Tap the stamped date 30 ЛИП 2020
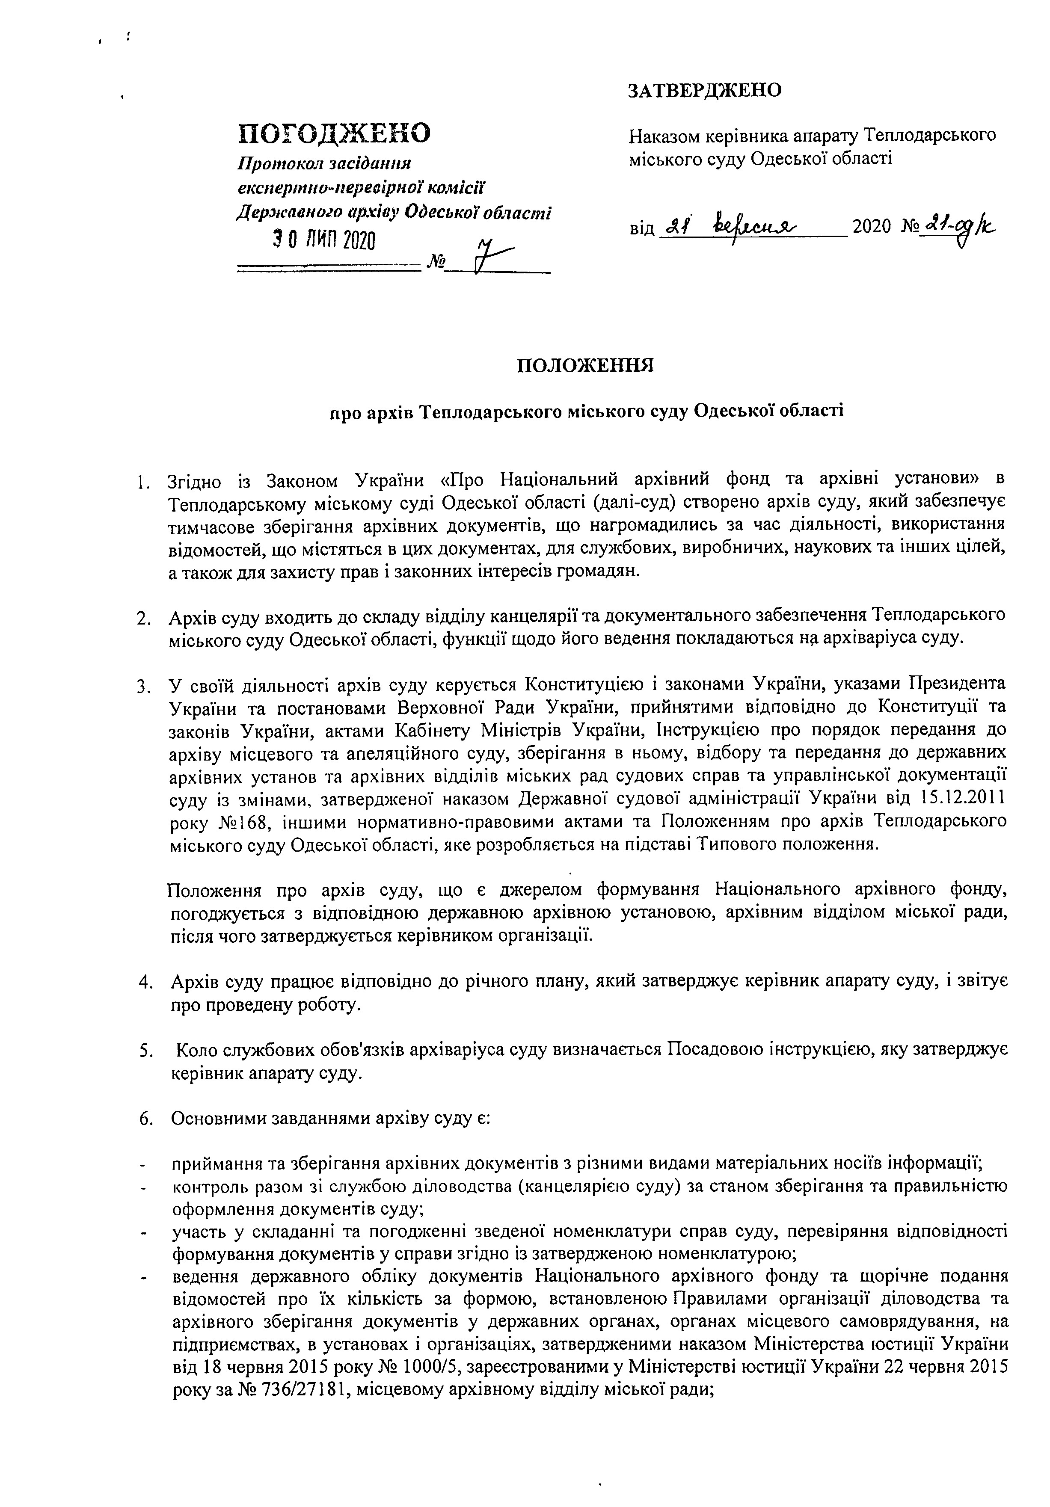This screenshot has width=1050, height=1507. click(x=324, y=241)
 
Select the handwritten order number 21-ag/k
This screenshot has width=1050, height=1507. click(x=959, y=226)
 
